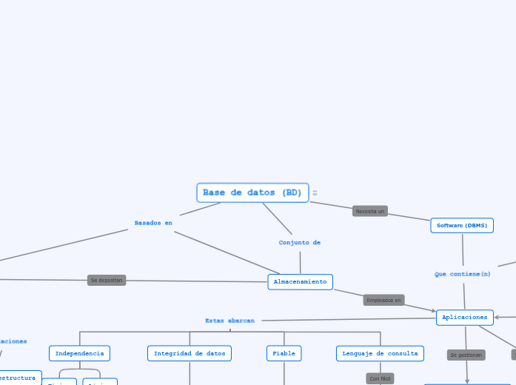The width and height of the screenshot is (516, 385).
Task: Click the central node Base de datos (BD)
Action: click(252, 193)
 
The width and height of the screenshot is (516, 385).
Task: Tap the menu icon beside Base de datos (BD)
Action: click(315, 193)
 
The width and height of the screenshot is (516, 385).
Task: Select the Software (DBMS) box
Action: click(462, 226)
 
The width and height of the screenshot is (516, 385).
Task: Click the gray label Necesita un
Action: click(370, 211)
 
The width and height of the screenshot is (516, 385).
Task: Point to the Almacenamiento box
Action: click(300, 282)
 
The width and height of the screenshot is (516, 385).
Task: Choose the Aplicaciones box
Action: click(465, 318)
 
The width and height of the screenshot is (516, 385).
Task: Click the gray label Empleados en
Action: click(383, 300)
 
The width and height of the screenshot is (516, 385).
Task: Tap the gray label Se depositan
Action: click(107, 281)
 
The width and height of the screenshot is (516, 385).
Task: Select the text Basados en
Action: click(153, 223)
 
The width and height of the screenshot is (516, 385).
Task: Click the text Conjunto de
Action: click(299, 243)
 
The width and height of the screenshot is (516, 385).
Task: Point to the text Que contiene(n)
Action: click(463, 275)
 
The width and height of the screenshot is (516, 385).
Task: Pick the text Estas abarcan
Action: click(229, 321)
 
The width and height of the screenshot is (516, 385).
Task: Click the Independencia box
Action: click(79, 354)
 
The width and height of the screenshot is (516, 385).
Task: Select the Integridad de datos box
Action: click(190, 354)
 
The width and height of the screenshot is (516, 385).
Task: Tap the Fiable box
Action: click(284, 354)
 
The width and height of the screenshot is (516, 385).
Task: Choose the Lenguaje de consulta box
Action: click(380, 354)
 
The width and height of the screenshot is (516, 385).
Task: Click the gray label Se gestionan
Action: click(466, 355)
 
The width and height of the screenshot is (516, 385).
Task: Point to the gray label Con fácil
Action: click(381, 378)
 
